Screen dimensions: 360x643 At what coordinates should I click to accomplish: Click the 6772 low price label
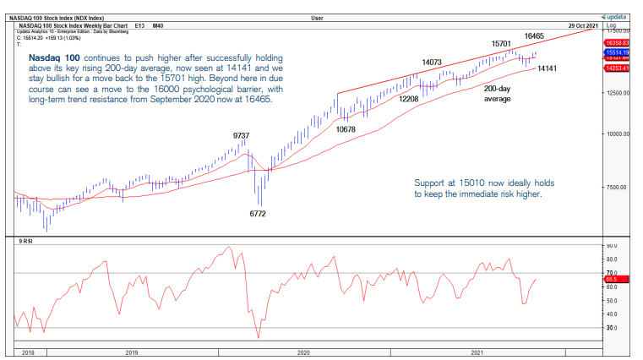coord(258,215)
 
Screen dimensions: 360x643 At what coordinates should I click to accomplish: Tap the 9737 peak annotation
coord(242,135)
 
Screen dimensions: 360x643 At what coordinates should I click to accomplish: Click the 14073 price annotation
coord(433,62)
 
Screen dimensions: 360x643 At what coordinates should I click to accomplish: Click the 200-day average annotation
coord(499,93)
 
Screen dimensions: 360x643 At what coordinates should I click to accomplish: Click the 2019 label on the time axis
coord(130,351)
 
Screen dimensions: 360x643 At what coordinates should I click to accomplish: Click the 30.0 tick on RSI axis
coord(613,327)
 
